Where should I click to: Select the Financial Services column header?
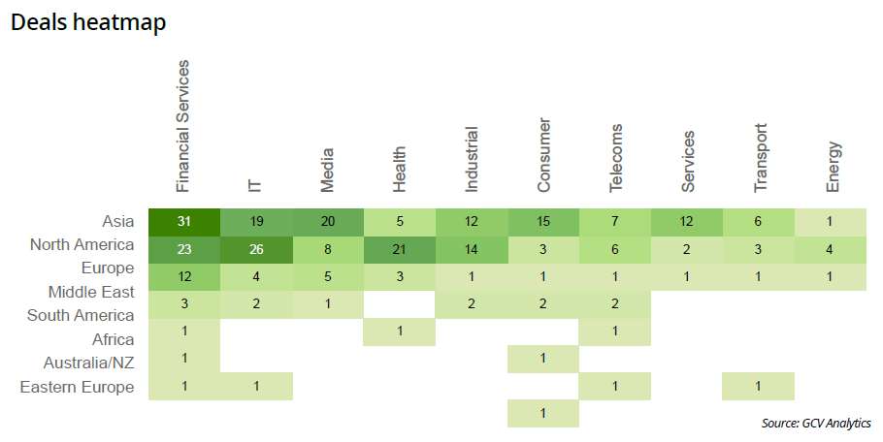(x=183, y=126)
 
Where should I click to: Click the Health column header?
(x=399, y=171)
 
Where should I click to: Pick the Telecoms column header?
(x=615, y=159)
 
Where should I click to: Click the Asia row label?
(x=117, y=220)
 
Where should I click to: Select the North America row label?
(x=82, y=244)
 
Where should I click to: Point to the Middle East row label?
(x=91, y=291)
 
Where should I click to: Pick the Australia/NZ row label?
(x=89, y=363)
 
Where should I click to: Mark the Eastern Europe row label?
(x=77, y=387)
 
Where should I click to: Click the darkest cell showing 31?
(x=184, y=221)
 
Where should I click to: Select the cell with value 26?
(x=256, y=248)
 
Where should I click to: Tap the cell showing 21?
(x=400, y=248)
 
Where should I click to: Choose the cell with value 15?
(x=543, y=221)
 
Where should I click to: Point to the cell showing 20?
(x=328, y=221)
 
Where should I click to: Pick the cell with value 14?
(x=472, y=248)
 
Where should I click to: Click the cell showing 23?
(x=184, y=248)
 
